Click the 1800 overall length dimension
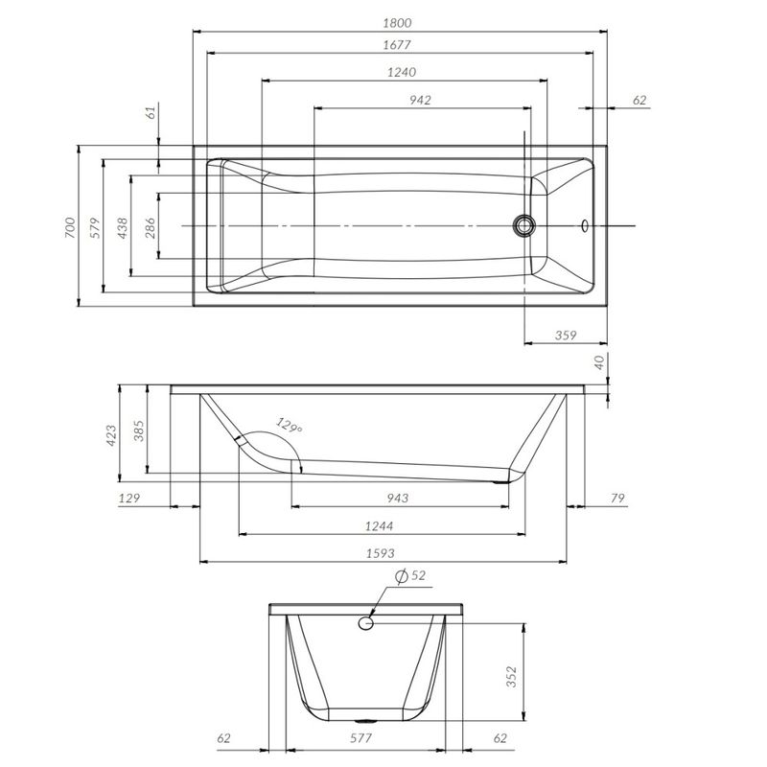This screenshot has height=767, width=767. click(x=402, y=21)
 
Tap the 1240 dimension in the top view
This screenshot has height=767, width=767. click(x=402, y=72)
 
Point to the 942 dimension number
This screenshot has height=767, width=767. click(x=419, y=100)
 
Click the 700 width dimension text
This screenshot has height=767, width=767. click(x=69, y=227)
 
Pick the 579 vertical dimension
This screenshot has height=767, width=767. click(x=94, y=227)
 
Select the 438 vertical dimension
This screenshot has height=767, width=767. click(x=122, y=227)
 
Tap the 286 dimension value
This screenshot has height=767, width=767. click(x=150, y=227)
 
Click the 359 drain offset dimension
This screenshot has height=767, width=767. click(x=567, y=336)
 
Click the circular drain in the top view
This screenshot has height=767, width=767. click(x=523, y=225)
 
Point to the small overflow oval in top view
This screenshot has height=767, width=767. click(x=585, y=226)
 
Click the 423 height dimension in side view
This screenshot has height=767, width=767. click(x=110, y=435)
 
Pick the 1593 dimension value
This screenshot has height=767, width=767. click(x=383, y=553)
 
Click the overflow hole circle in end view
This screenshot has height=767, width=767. click(x=365, y=624)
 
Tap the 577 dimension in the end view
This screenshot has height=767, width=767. click(x=360, y=738)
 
